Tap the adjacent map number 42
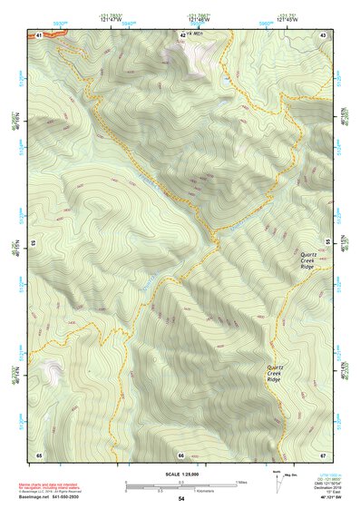(x=182, y=34)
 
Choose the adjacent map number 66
(x=181, y=455)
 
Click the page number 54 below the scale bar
(x=181, y=499)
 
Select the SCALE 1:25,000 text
(x=180, y=474)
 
